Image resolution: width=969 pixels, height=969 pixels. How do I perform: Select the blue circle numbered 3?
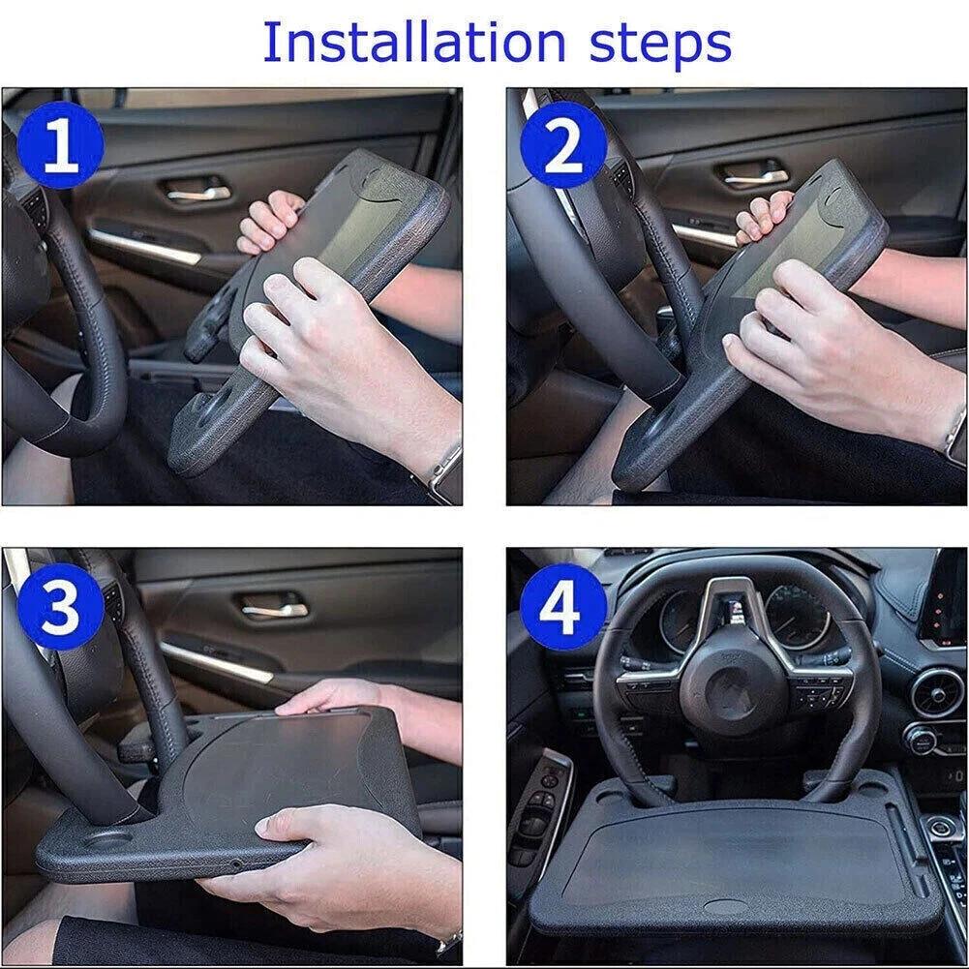click(x=59, y=607)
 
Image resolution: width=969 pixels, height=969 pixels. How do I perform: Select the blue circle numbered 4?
click(x=563, y=607)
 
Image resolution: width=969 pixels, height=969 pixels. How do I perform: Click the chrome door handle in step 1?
click(x=198, y=193)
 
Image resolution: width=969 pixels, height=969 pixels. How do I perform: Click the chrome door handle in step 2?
click(x=754, y=177)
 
